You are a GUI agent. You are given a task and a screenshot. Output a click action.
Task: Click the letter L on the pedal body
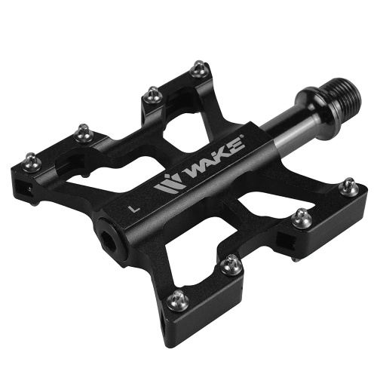(x=133, y=209)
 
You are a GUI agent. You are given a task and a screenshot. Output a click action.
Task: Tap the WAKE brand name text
(x=214, y=159)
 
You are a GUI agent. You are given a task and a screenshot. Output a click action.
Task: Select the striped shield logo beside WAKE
(x=167, y=184)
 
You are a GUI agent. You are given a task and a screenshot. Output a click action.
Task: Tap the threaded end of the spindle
(x=345, y=93)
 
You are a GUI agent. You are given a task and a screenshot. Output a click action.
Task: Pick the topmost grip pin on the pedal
(x=200, y=69)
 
